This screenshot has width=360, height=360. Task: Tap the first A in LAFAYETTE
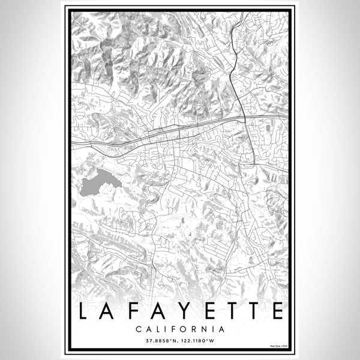108,311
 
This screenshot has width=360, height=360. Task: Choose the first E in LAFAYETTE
204,311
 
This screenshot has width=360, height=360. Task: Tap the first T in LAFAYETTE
227,311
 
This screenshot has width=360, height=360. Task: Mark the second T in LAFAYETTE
251,311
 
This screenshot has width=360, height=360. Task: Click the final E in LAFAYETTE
275,311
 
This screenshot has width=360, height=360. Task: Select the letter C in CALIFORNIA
139,329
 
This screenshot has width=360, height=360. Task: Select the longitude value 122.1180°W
200,340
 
